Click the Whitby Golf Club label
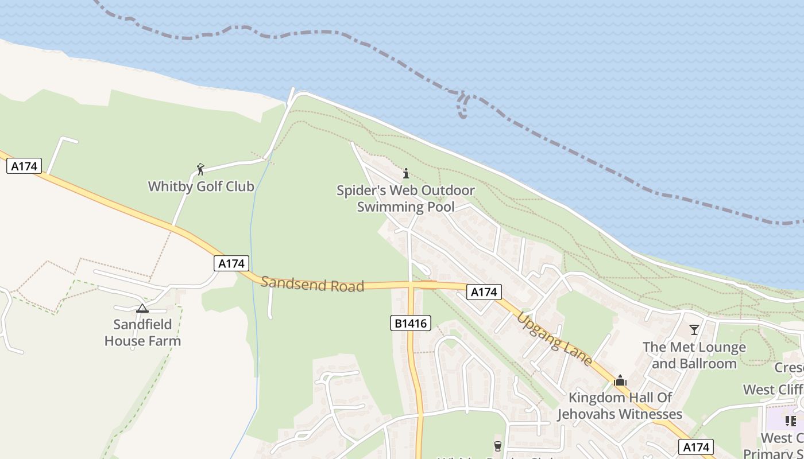pos(201,186)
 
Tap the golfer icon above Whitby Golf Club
pos(200,169)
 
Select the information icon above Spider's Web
pos(406,173)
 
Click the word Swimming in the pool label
pos(405,207)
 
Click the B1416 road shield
pos(411,323)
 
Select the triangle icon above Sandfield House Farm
pos(142,308)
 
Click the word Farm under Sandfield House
pos(163,341)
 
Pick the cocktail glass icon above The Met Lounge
pos(694,330)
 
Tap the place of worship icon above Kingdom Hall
pos(620,380)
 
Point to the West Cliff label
pos(773,390)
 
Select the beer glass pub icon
pos(498,446)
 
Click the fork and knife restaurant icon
pos(791,421)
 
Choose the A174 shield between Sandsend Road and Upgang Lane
pos(484,292)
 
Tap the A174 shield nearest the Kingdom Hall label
pos(695,447)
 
